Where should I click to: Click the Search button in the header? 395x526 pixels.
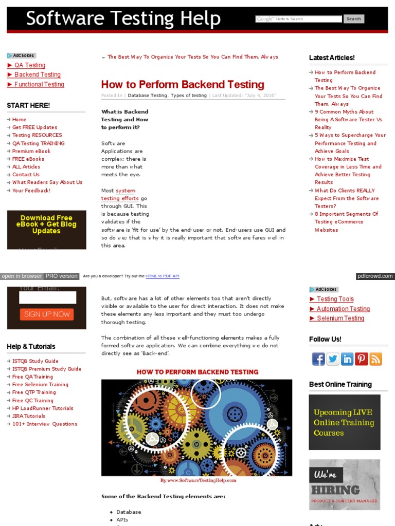pos(353,19)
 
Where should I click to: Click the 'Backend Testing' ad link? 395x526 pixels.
pos(37,74)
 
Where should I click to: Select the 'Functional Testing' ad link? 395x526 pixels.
pos(39,84)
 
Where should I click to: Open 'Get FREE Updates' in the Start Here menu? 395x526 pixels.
pos(34,127)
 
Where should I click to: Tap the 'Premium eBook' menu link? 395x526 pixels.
pos(31,151)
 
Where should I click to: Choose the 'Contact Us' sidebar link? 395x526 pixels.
pos(26,175)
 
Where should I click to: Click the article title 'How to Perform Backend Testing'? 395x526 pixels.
pos(183,85)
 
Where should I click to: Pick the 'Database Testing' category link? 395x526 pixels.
pos(147,96)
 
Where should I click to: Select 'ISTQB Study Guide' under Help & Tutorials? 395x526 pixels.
pos(35,361)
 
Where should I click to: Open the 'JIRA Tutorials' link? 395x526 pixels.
pos(29,416)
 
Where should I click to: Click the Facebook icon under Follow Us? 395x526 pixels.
pos(318,359)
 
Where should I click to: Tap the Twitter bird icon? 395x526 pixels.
pos(333,359)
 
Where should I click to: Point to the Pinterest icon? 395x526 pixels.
pos(362,359)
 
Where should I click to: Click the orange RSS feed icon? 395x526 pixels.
pos(376,359)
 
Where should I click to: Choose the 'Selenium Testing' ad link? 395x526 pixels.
pos(340,318)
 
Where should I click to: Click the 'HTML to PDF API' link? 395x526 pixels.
pos(163,276)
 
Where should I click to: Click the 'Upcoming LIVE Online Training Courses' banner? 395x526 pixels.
pos(345,422)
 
